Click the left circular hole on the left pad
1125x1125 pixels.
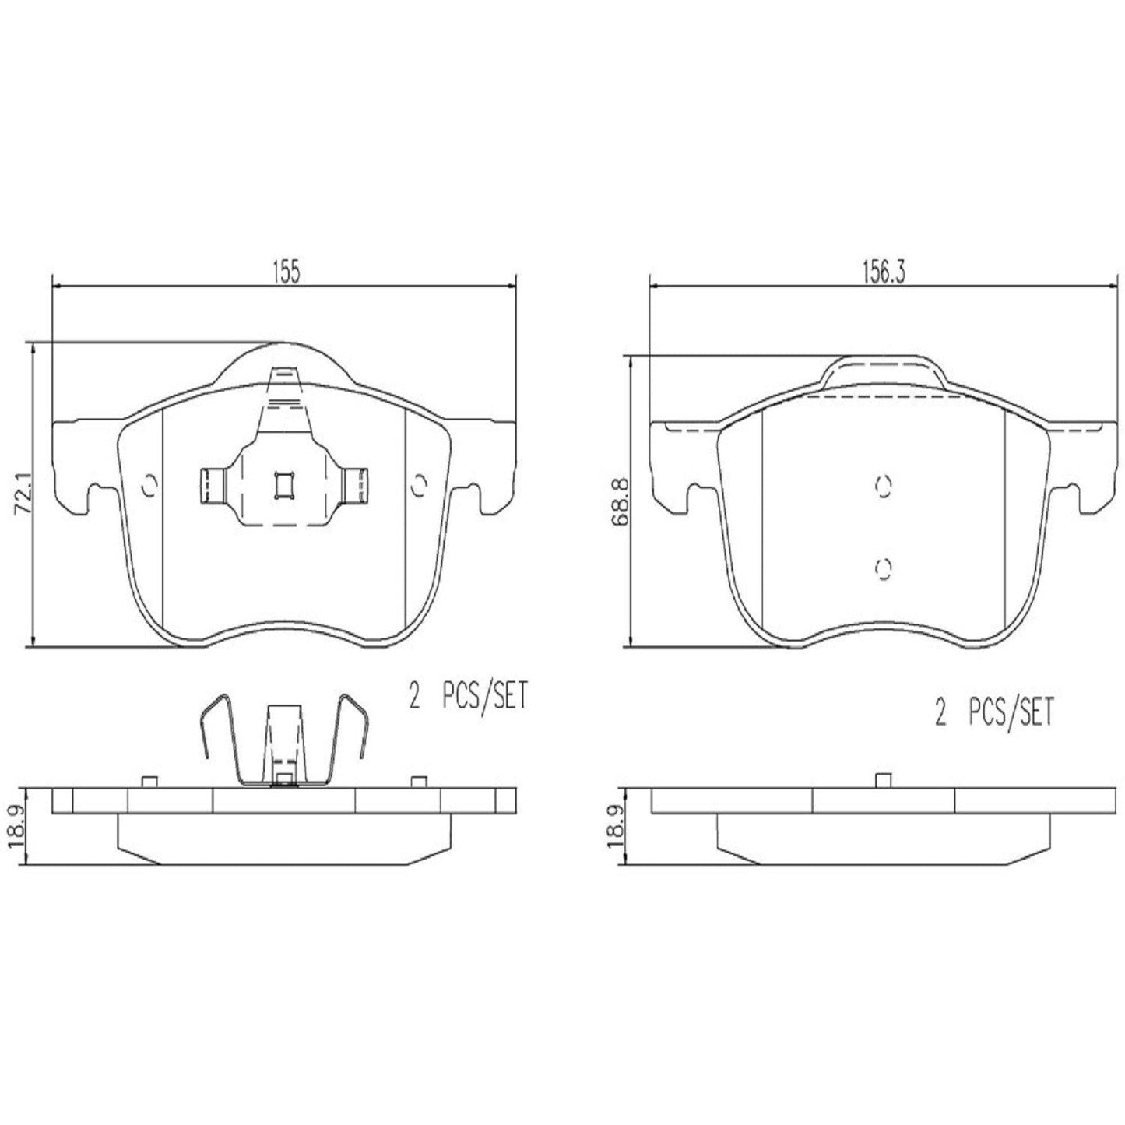(149, 486)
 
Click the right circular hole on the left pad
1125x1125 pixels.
(418, 485)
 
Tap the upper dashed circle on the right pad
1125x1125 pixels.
(882, 486)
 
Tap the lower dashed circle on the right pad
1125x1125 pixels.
(882, 569)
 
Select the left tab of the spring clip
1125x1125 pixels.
(211, 486)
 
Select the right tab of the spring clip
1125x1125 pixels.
(357, 486)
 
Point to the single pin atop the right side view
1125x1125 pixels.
(882, 781)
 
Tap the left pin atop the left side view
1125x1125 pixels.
(149, 782)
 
